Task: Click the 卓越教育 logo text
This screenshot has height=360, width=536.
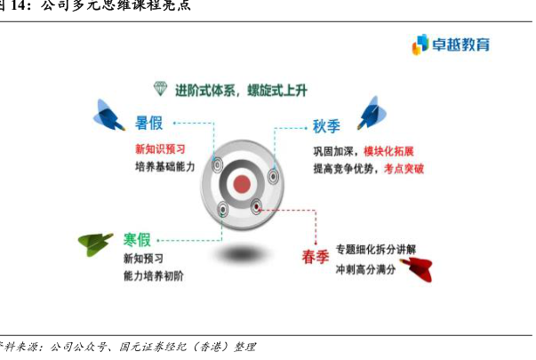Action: pyautogui.click(x=460, y=44)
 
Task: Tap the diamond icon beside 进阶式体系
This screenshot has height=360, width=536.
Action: pyautogui.click(x=160, y=89)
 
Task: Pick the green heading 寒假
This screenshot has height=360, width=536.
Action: pyautogui.click(x=137, y=240)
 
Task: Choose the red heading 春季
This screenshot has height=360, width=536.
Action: pyautogui.click(x=316, y=258)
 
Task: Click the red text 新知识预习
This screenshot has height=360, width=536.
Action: pyautogui.click(x=161, y=148)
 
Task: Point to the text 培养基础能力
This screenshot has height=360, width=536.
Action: pyautogui.click(x=164, y=166)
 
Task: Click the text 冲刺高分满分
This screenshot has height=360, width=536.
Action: pyautogui.click(x=365, y=268)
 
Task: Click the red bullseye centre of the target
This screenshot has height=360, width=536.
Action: pyautogui.click(x=241, y=184)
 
